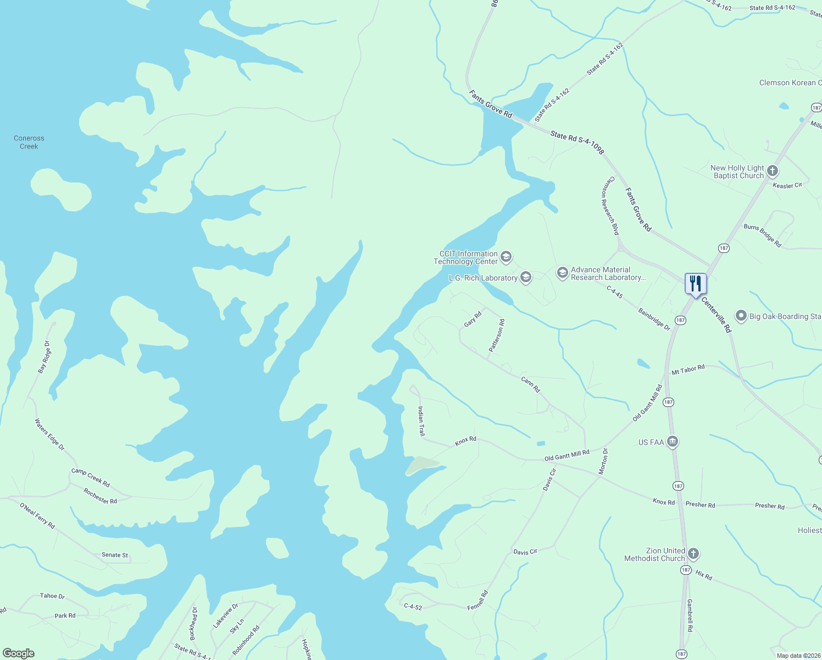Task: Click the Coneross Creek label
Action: point(29,142)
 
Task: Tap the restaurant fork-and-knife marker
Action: point(696,284)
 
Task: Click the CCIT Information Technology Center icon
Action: point(506,257)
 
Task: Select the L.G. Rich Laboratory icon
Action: point(526,277)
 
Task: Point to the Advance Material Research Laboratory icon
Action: point(562,273)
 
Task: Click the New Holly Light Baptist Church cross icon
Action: point(773,171)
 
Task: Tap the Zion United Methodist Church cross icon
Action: point(693,554)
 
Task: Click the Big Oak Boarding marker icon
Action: point(741,316)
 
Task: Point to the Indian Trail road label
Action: point(421,421)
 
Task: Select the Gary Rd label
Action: point(473,320)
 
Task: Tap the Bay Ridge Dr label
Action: point(44,358)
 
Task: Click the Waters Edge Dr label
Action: point(49,435)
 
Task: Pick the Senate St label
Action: point(115,555)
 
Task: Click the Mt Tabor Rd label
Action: point(688,370)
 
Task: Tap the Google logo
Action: point(18,653)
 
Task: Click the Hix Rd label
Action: point(704,575)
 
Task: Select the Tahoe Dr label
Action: point(52,596)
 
